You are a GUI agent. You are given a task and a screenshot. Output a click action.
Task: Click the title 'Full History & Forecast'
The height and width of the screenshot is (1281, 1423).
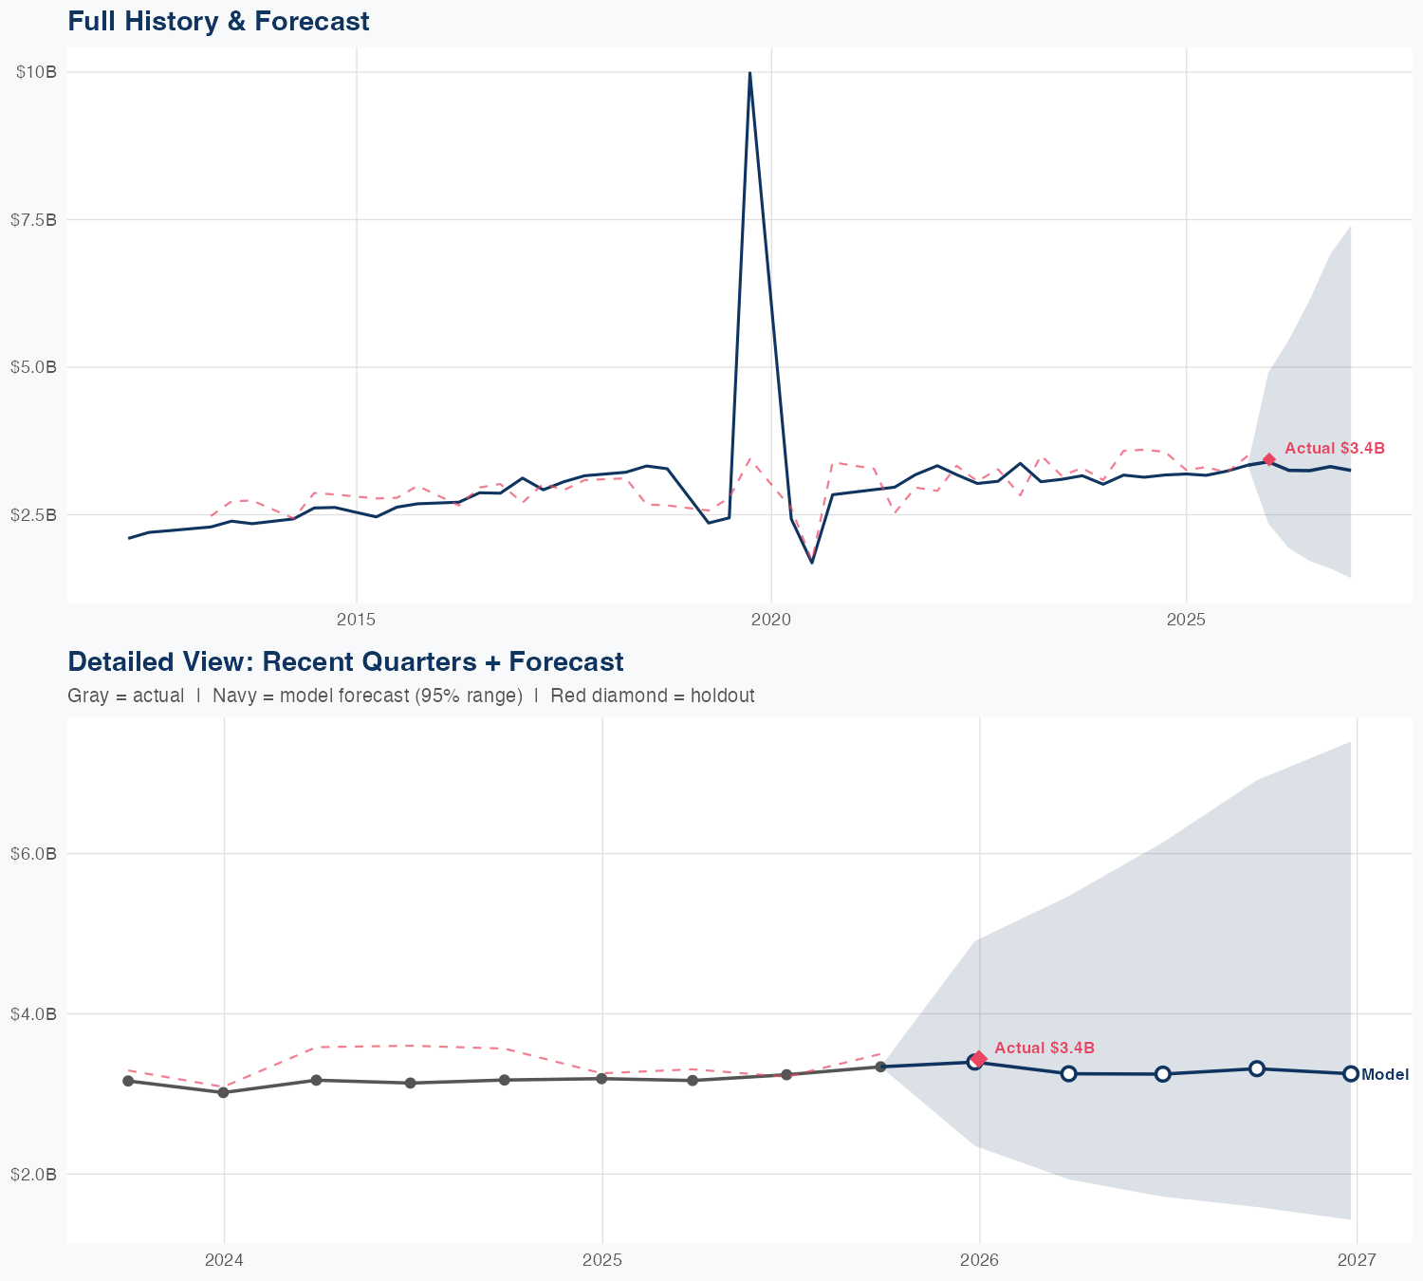coord(218,21)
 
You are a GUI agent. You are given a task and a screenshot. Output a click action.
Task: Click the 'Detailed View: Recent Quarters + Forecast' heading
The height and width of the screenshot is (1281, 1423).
coord(345,661)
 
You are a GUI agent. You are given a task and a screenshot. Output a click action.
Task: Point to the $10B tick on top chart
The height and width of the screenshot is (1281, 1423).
coord(36,72)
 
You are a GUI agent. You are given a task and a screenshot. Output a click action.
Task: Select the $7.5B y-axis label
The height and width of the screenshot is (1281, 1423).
coord(34,219)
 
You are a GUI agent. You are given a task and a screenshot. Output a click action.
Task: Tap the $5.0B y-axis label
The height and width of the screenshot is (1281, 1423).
coord(34,367)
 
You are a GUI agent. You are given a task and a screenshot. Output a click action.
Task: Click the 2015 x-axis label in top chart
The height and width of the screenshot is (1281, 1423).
coord(357,620)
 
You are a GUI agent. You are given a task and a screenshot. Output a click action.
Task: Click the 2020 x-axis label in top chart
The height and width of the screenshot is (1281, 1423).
coord(771,620)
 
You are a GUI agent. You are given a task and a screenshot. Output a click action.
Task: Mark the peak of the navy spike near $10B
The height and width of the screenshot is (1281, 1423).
coord(749,73)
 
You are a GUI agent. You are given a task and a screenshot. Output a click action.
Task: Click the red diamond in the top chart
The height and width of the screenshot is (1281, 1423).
coord(1269,459)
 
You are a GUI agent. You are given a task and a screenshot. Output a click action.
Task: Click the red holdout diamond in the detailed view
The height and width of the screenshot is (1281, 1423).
coord(979,1058)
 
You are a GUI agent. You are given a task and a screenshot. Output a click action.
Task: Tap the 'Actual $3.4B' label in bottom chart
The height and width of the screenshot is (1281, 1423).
coord(1044,1048)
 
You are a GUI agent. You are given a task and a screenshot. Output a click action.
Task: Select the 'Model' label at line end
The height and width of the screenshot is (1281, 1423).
coord(1385,1075)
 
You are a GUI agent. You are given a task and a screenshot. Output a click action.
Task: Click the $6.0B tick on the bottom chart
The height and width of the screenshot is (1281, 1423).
coord(34,854)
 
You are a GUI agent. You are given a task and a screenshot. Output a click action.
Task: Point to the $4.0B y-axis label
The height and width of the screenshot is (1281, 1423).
coord(34,1013)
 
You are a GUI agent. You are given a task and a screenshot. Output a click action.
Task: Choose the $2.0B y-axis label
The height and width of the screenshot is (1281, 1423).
coord(34,1174)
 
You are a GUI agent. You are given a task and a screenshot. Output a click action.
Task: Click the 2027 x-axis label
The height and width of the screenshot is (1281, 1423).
coord(1357,1260)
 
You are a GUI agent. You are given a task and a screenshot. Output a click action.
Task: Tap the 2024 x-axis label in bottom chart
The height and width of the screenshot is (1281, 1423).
coord(224,1260)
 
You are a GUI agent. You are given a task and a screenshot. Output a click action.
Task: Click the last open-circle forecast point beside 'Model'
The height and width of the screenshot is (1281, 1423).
coord(1351,1074)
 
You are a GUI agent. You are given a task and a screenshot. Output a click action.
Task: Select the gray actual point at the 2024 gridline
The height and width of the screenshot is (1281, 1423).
coord(223,1092)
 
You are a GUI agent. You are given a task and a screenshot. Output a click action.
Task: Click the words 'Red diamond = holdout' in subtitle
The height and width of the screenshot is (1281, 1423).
coord(652,696)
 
